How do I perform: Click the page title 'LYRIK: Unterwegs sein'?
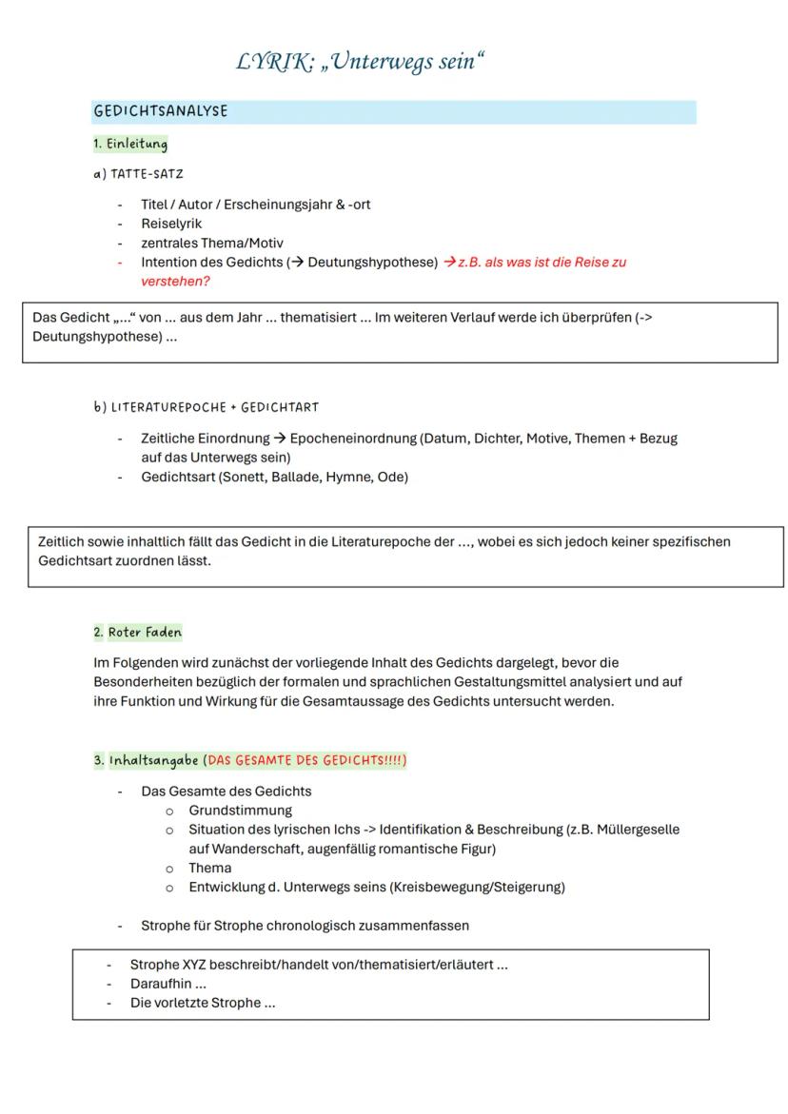361,63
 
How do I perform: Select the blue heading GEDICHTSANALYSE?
161,111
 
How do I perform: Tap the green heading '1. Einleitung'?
130,145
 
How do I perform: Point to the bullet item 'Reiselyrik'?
171,224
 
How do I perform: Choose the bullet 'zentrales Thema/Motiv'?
212,243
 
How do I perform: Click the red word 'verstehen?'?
175,282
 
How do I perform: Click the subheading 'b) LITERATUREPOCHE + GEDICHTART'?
206,407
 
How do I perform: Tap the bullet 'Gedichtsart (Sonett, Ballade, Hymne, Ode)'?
274,477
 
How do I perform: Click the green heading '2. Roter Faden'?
137,632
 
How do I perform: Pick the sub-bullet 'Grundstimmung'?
240,811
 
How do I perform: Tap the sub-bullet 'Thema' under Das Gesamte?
209,868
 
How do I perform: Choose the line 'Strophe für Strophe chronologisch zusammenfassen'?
305,925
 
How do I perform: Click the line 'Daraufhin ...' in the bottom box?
168,984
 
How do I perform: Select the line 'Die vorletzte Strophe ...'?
203,1003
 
